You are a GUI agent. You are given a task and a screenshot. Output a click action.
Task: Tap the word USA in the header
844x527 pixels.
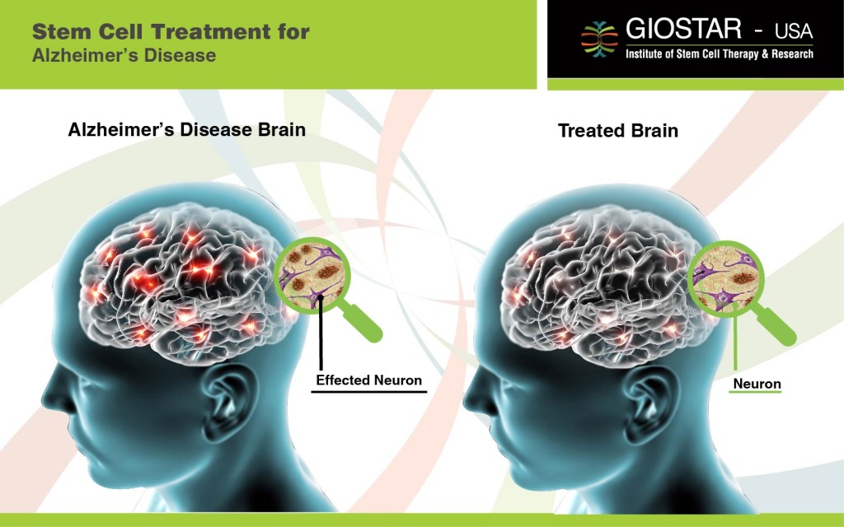point(793,32)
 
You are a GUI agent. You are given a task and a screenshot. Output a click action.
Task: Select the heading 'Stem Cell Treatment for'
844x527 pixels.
point(171,33)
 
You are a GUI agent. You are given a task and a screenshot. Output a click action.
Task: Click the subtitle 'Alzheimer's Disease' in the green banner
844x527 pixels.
point(124,56)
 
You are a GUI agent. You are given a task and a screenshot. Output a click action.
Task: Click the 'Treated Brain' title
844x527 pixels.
point(617,130)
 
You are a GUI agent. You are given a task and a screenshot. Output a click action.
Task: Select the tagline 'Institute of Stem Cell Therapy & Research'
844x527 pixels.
point(719,54)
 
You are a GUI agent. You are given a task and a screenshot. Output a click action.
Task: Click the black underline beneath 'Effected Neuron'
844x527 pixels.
point(368,392)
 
